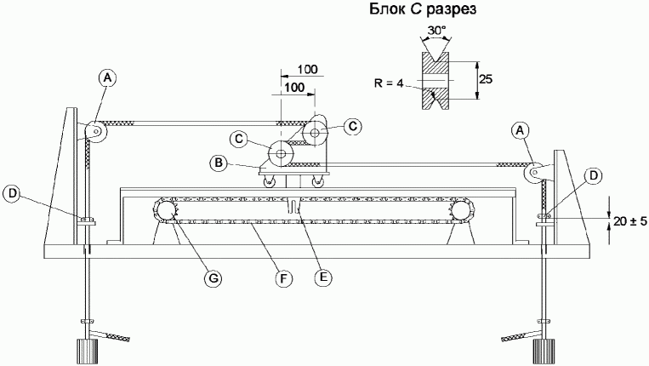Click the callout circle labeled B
(219, 163)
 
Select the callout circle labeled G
(213, 278)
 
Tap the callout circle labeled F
(283, 278)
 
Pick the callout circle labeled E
(323, 277)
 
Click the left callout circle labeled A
(108, 77)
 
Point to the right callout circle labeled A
(521, 131)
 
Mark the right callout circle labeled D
(594, 175)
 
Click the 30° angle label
(436, 30)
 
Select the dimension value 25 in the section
(486, 78)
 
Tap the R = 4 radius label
(388, 83)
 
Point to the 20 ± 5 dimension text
(629, 221)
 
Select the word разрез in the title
(451, 10)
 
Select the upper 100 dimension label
(308, 69)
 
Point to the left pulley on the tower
(96, 132)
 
